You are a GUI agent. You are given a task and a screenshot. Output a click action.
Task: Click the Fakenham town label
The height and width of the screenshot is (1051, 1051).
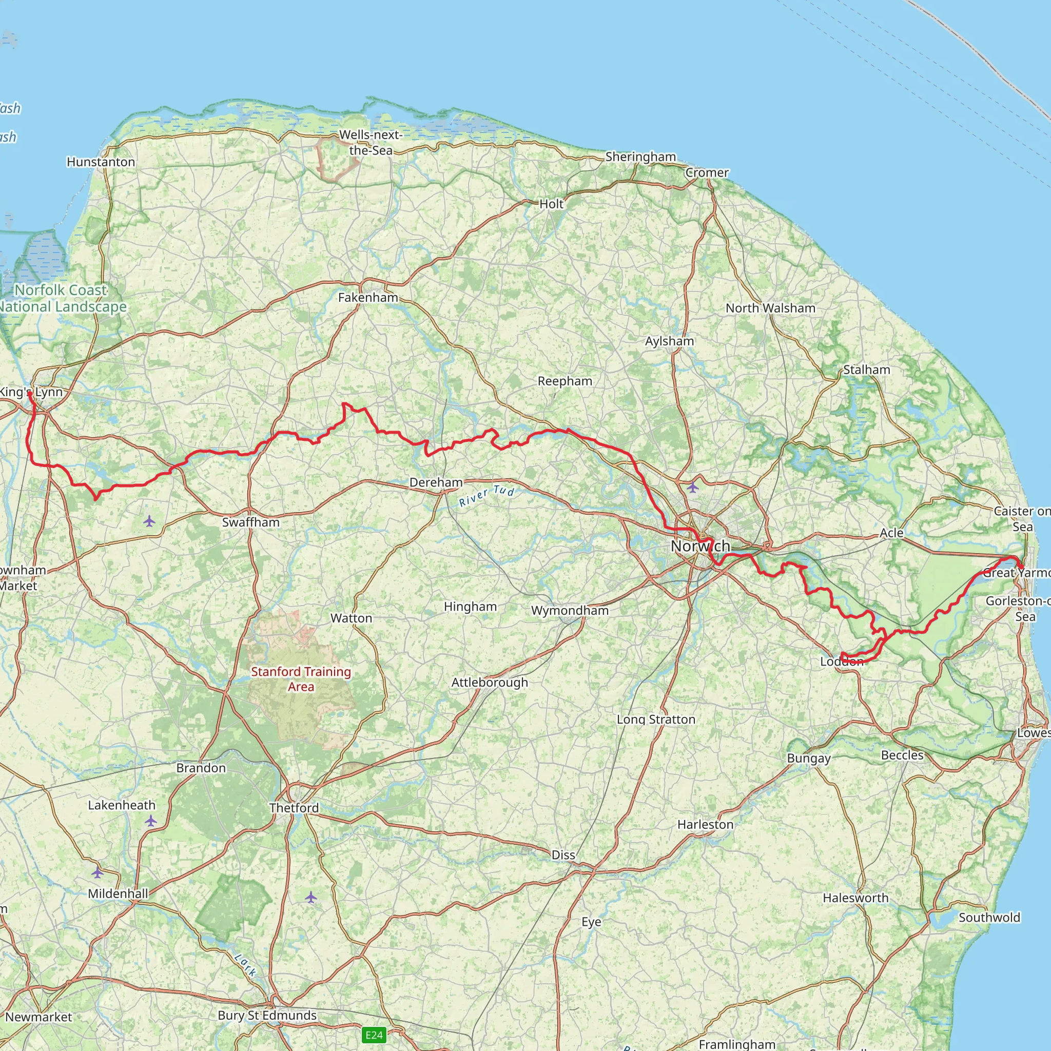pos(368,298)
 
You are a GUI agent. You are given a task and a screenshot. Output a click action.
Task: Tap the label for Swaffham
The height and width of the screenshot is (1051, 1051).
pos(251,522)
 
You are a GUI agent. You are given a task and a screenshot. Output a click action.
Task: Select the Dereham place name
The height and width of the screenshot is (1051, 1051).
pos(436,482)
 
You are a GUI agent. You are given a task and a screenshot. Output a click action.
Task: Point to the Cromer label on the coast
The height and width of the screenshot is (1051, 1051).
pos(707,172)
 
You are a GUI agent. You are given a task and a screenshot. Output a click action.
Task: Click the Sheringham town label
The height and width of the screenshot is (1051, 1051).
pos(640,157)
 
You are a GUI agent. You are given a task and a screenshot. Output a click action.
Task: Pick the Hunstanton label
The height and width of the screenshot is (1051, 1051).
pos(101,162)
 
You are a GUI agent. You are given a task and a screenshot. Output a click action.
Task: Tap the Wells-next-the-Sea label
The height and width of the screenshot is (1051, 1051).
pos(371,143)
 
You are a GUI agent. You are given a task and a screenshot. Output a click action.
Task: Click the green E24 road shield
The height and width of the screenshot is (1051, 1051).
pos(374,1035)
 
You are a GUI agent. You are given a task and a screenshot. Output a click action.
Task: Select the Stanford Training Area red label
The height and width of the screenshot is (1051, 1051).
pos(301,679)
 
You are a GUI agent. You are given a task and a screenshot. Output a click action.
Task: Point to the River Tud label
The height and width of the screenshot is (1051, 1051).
pos(486,496)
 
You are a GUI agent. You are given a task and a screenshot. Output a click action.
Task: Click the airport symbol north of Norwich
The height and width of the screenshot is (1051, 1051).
pos(692,488)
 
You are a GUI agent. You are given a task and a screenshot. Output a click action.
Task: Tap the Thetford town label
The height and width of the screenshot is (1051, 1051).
pos(294,808)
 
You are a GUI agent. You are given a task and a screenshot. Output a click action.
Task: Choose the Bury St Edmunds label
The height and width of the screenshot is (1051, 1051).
pos(266,1016)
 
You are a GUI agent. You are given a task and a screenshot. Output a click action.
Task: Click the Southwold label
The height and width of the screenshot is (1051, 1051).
pos(989,917)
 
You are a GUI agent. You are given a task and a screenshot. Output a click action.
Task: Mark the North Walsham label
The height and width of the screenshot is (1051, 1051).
pos(770,308)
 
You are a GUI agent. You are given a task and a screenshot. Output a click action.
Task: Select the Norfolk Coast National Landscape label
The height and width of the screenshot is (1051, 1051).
pos(61,299)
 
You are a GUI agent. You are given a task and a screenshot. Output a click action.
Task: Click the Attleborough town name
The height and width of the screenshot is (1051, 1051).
pos(490,682)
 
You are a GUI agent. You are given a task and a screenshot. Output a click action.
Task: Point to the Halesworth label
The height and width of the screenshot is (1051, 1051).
pos(855,898)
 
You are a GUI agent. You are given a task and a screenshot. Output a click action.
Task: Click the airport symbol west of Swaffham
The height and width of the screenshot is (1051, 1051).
pos(149,521)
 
